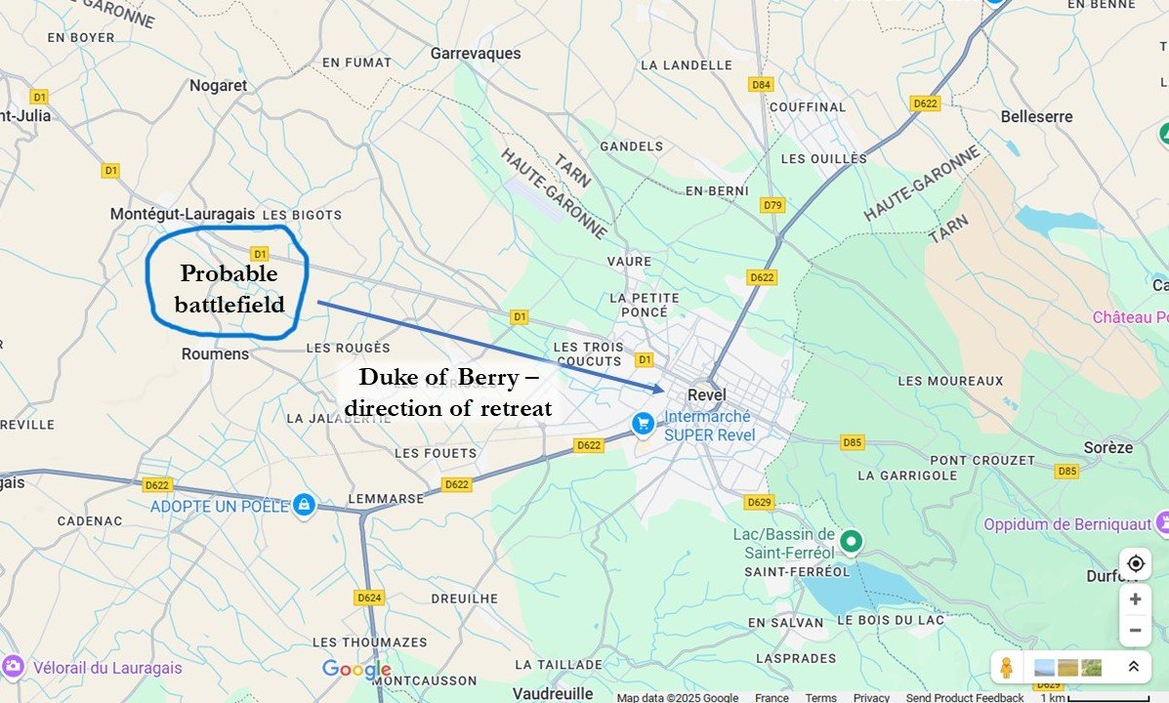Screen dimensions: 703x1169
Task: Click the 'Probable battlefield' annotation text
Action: pos(229,288)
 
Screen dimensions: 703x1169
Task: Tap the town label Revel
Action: pos(707,394)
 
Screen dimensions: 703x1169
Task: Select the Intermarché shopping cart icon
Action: pos(642,423)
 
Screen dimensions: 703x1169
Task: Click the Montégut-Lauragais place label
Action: pos(182,213)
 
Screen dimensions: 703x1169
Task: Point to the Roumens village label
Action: pos(215,353)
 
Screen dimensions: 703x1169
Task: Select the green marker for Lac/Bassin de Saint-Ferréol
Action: pos(852,540)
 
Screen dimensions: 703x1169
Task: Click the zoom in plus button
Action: pos(1135,600)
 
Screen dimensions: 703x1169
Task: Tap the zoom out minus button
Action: pos(1135,630)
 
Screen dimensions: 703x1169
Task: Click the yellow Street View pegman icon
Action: pos(1006,668)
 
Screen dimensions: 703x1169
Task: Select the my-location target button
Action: pos(1135,563)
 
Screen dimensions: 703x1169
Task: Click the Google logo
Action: pos(356,670)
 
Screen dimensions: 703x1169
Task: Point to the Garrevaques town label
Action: pos(476,54)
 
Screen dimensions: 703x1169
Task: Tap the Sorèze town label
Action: pos(1107,447)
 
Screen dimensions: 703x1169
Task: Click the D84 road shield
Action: pos(762,85)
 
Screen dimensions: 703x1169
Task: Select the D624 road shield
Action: pos(369,597)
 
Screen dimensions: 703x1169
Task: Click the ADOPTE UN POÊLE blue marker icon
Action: pos(304,504)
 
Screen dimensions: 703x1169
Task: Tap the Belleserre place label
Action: pos(1036,116)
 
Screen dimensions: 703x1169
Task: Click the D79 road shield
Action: pos(772,205)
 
